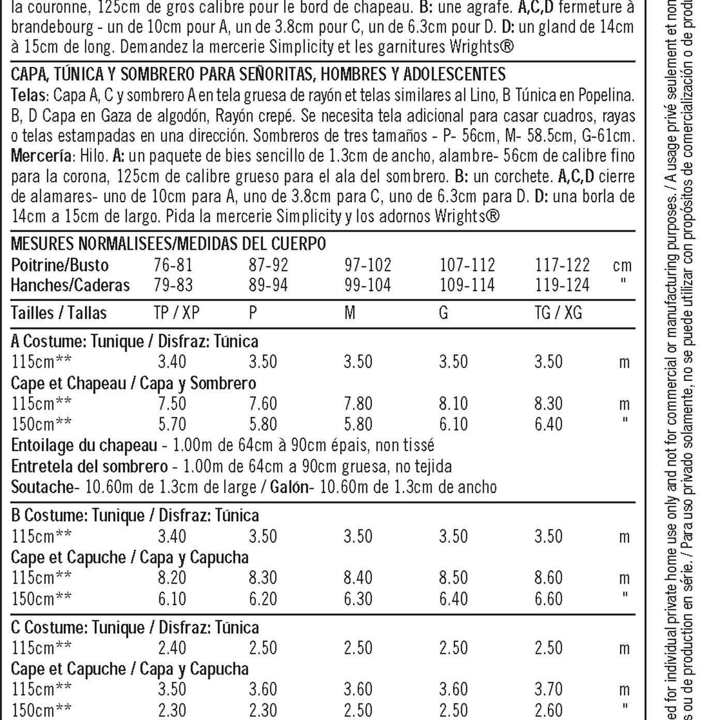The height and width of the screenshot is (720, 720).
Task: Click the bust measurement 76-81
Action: point(173,265)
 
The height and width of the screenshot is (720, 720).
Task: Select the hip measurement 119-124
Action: point(562,286)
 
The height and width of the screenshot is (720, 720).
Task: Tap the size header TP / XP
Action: point(176,313)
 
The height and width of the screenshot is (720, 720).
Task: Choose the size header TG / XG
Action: point(558,313)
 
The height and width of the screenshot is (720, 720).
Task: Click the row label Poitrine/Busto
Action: point(60,265)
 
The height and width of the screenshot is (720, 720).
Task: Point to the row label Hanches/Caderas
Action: point(70,286)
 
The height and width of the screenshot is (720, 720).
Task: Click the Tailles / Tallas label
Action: point(59,313)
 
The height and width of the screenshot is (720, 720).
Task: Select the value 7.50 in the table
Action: point(172,403)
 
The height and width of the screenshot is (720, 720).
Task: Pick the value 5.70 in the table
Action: point(172,424)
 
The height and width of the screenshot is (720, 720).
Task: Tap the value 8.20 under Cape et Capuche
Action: point(172,578)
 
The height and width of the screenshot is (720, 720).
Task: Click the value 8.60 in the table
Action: point(548,578)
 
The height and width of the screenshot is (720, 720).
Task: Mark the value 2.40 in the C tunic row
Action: point(172,648)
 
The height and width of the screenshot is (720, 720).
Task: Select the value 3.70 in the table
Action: point(548,689)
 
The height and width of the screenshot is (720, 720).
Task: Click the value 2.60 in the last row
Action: point(548,710)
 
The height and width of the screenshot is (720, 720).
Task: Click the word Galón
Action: point(289,487)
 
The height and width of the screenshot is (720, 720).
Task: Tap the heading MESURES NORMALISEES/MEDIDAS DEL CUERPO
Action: point(168,243)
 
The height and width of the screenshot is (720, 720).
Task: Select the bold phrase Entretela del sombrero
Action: point(89,467)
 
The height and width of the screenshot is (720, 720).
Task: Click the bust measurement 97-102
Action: point(368,265)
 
